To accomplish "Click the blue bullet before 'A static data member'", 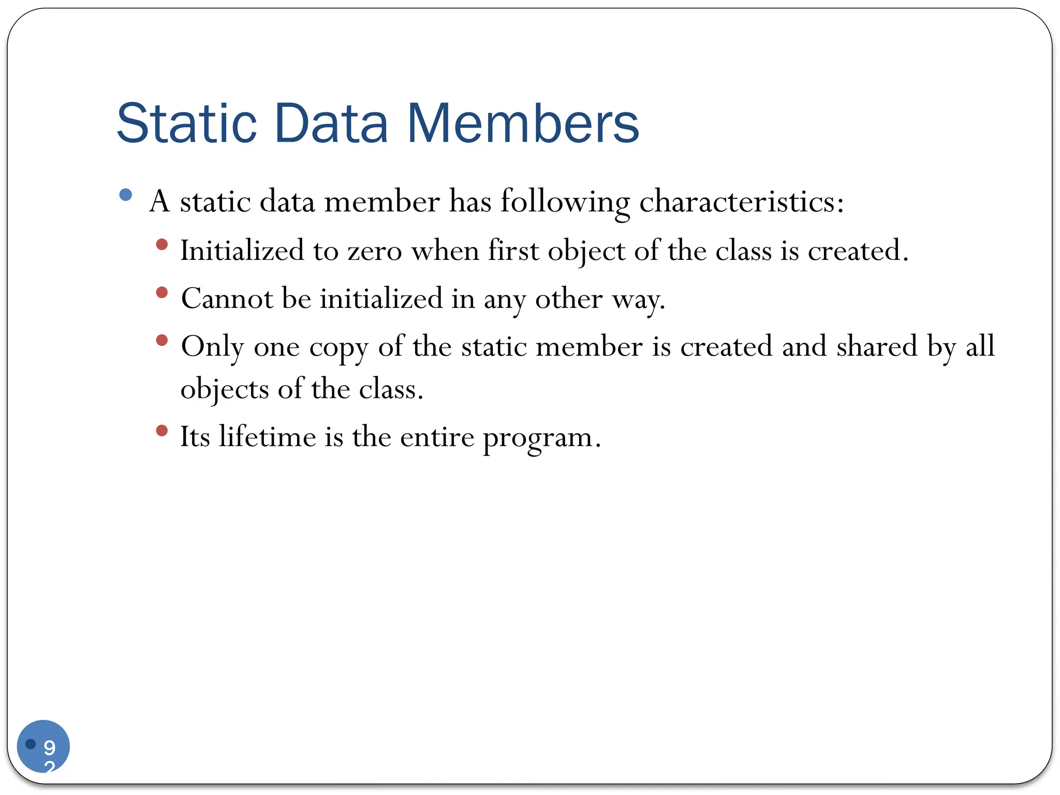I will pos(125,195).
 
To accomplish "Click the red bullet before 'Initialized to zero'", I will pos(162,244).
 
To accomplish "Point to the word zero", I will pos(374,251).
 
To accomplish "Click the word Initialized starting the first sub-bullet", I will pos(242,251).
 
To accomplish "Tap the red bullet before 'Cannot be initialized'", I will pos(162,292).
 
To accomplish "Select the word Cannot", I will pos(227,299).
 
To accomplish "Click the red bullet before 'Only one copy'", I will pos(162,341).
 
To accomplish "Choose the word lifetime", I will pos(267,436).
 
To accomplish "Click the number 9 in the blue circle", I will pos(50,747).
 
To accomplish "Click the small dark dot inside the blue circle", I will pos(31,744).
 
